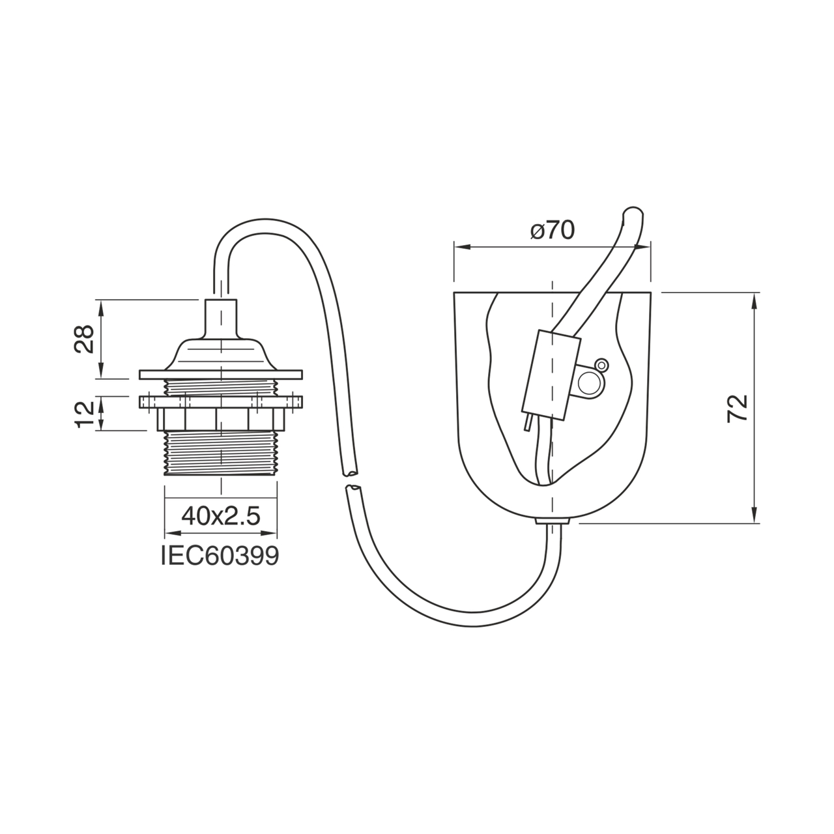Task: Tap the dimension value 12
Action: click(x=85, y=414)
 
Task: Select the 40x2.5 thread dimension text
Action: click(x=221, y=516)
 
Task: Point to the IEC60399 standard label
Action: click(x=220, y=556)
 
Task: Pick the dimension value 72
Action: click(x=738, y=408)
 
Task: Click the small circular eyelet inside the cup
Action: click(x=601, y=365)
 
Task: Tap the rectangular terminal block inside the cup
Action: click(x=551, y=375)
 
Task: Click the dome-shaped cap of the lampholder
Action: click(x=221, y=352)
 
